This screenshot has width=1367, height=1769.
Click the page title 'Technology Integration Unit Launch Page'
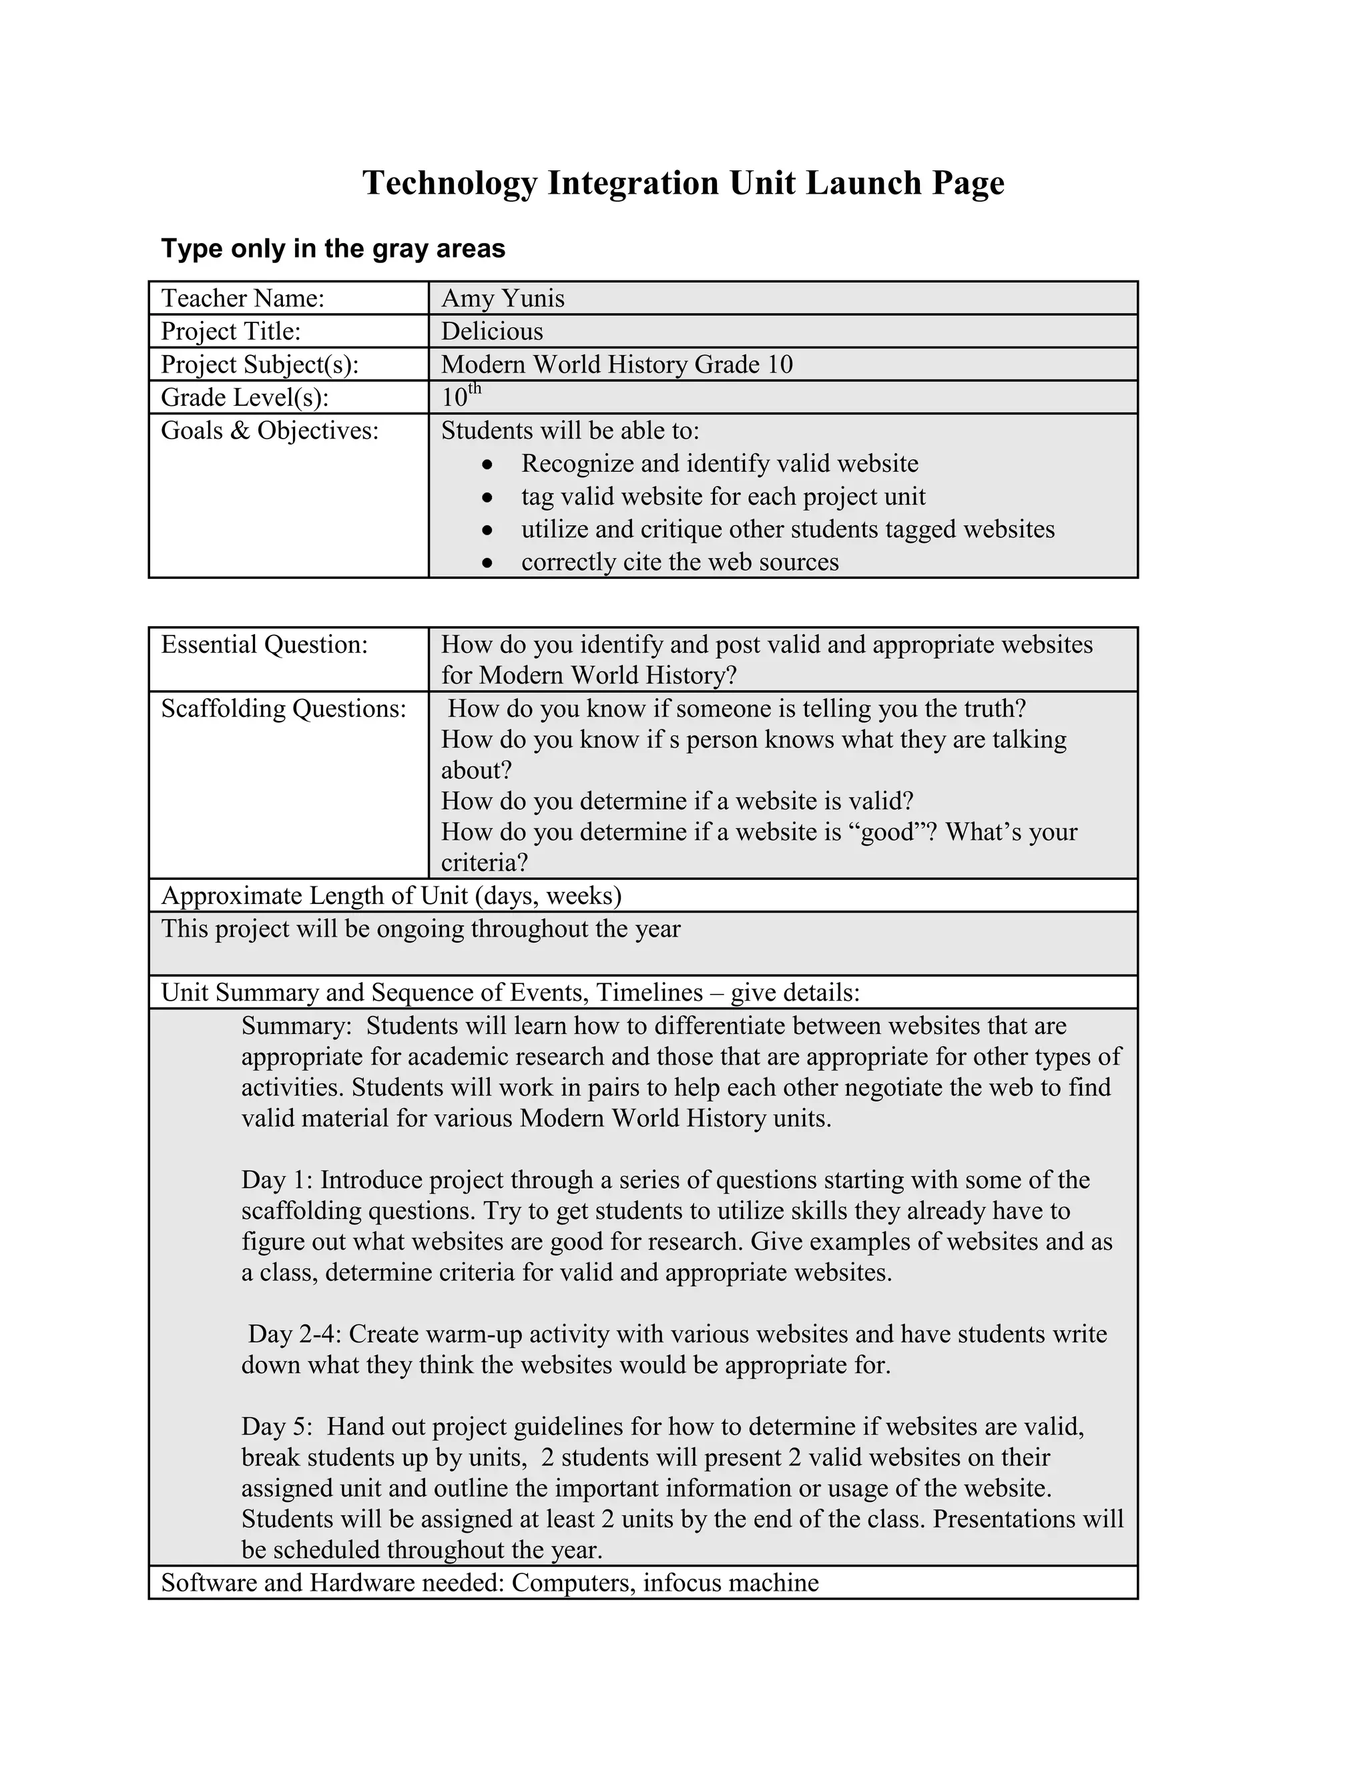[683, 183]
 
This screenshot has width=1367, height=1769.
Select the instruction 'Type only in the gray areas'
[333, 249]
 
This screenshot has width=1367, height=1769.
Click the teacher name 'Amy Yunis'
[502, 299]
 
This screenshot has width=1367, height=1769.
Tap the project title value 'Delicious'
[491, 331]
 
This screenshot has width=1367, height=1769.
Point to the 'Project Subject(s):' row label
[259, 364]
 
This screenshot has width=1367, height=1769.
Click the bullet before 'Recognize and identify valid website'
[487, 465]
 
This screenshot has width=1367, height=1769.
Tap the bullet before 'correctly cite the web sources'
[487, 563]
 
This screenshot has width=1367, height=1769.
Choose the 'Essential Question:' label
[264, 645]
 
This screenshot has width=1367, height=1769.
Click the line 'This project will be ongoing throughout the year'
[421, 929]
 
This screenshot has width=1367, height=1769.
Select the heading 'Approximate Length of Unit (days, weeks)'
[391, 896]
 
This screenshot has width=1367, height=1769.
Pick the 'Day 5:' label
[276, 1427]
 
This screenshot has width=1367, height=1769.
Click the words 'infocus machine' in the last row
[730, 1583]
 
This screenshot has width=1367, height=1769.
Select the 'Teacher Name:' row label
[242, 299]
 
